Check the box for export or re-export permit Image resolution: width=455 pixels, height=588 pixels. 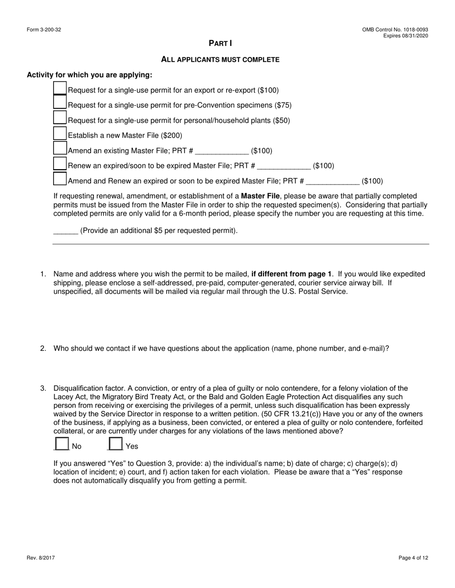60,88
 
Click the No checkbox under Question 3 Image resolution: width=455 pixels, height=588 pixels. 62,444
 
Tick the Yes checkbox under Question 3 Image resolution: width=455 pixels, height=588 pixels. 115,444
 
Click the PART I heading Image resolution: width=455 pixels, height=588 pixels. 220,44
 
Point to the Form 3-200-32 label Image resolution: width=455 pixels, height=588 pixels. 44,30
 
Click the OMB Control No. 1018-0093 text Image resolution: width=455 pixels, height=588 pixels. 395,30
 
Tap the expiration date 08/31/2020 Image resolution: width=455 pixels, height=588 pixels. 414,36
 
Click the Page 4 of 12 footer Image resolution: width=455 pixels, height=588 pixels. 413,558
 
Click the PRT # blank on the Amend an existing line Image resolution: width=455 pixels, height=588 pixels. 222,151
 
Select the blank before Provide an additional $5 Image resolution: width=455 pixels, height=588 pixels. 66,231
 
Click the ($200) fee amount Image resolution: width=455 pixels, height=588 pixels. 173,136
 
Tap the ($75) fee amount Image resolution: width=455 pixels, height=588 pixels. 283,105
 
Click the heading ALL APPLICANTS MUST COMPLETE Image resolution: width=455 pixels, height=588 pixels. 220,60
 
